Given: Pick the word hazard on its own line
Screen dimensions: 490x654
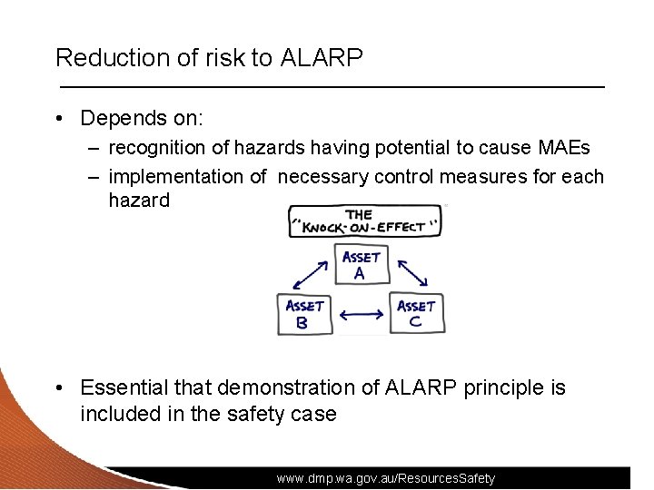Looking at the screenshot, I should pyautogui.click(x=138, y=200).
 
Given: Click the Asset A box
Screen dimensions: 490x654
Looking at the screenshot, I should pyautogui.click(x=361, y=264).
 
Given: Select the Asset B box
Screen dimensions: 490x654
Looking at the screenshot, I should pyautogui.click(x=304, y=313).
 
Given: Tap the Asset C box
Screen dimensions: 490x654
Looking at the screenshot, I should pyautogui.click(x=416, y=313).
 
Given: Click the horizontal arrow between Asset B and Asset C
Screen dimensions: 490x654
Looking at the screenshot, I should pyautogui.click(x=361, y=315).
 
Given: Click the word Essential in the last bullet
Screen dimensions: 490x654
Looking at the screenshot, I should pyautogui.click(x=124, y=387).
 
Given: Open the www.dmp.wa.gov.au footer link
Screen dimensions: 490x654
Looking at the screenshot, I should pyautogui.click(x=386, y=478).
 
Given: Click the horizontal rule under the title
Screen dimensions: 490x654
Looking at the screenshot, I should pyautogui.click(x=332, y=85).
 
